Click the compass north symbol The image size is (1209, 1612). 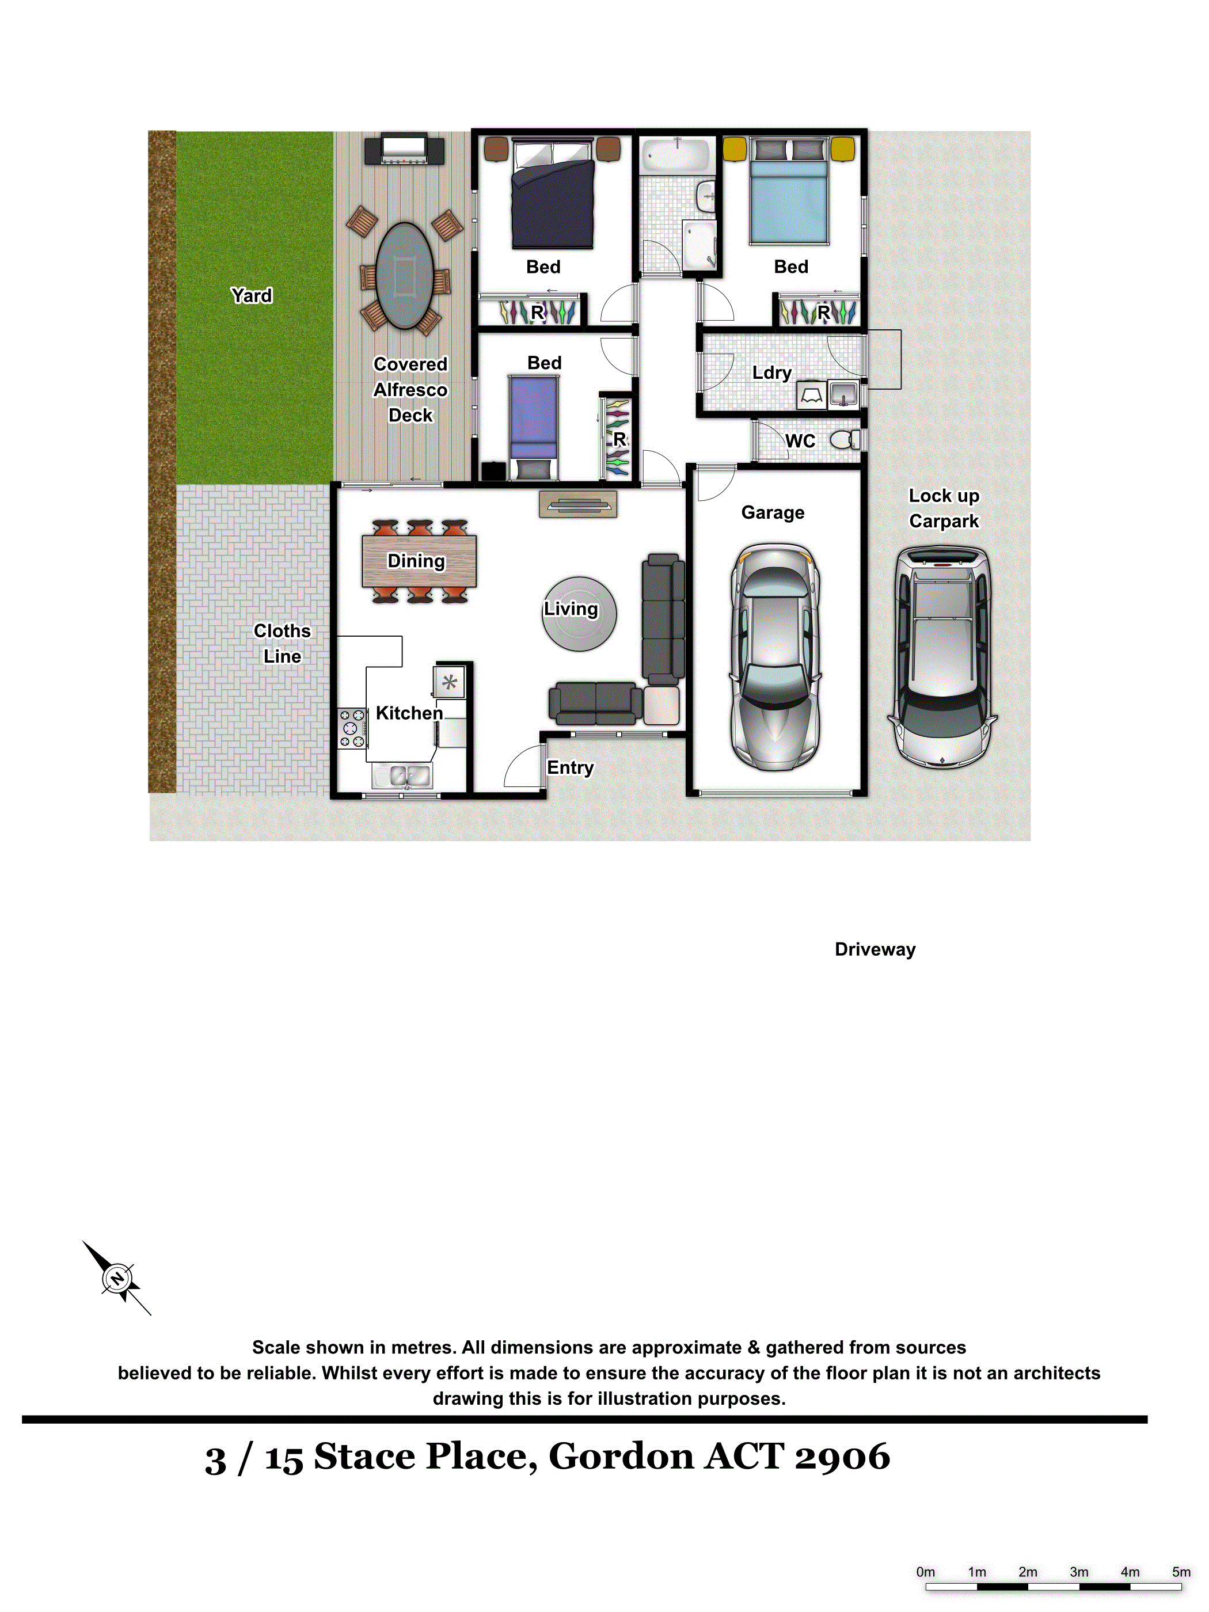click(x=117, y=1278)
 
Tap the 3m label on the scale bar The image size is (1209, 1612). click(x=1078, y=1572)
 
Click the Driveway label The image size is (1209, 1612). click(x=875, y=949)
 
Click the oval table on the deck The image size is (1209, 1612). click(x=405, y=275)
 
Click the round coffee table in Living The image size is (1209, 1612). click(x=579, y=613)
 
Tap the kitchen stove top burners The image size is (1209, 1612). click(x=352, y=728)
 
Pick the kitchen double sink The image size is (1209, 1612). click(x=402, y=775)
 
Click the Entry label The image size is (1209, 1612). click(x=570, y=767)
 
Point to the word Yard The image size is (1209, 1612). click(x=252, y=295)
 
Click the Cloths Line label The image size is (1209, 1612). click(x=282, y=644)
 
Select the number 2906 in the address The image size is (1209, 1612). click(x=842, y=1456)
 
